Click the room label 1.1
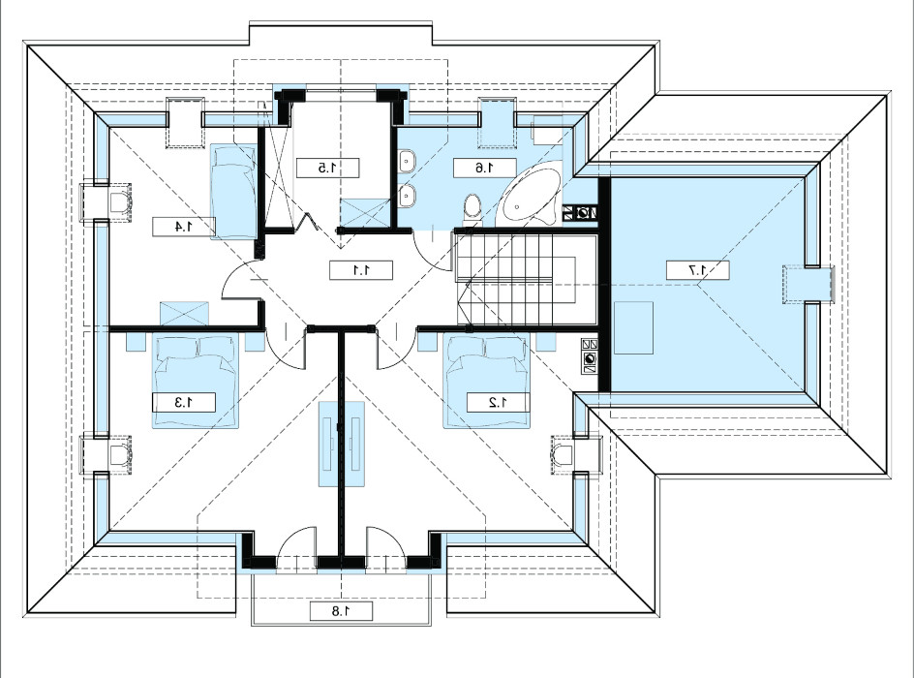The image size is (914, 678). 361,270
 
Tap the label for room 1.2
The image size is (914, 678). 498,402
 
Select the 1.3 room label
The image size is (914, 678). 184,402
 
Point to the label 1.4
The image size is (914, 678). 184,227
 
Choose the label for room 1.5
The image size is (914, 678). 327,168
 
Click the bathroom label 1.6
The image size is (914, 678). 485,168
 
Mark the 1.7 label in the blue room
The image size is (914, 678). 698,270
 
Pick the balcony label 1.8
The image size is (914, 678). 341,611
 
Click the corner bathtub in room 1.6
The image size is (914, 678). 531,197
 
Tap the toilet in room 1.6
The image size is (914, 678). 472,208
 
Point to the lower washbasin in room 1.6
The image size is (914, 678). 407,196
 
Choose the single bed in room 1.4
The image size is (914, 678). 233,191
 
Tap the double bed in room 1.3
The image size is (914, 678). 196,382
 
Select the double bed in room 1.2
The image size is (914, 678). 487,382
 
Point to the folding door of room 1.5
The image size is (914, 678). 308,223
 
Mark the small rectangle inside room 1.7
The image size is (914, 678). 633,327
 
